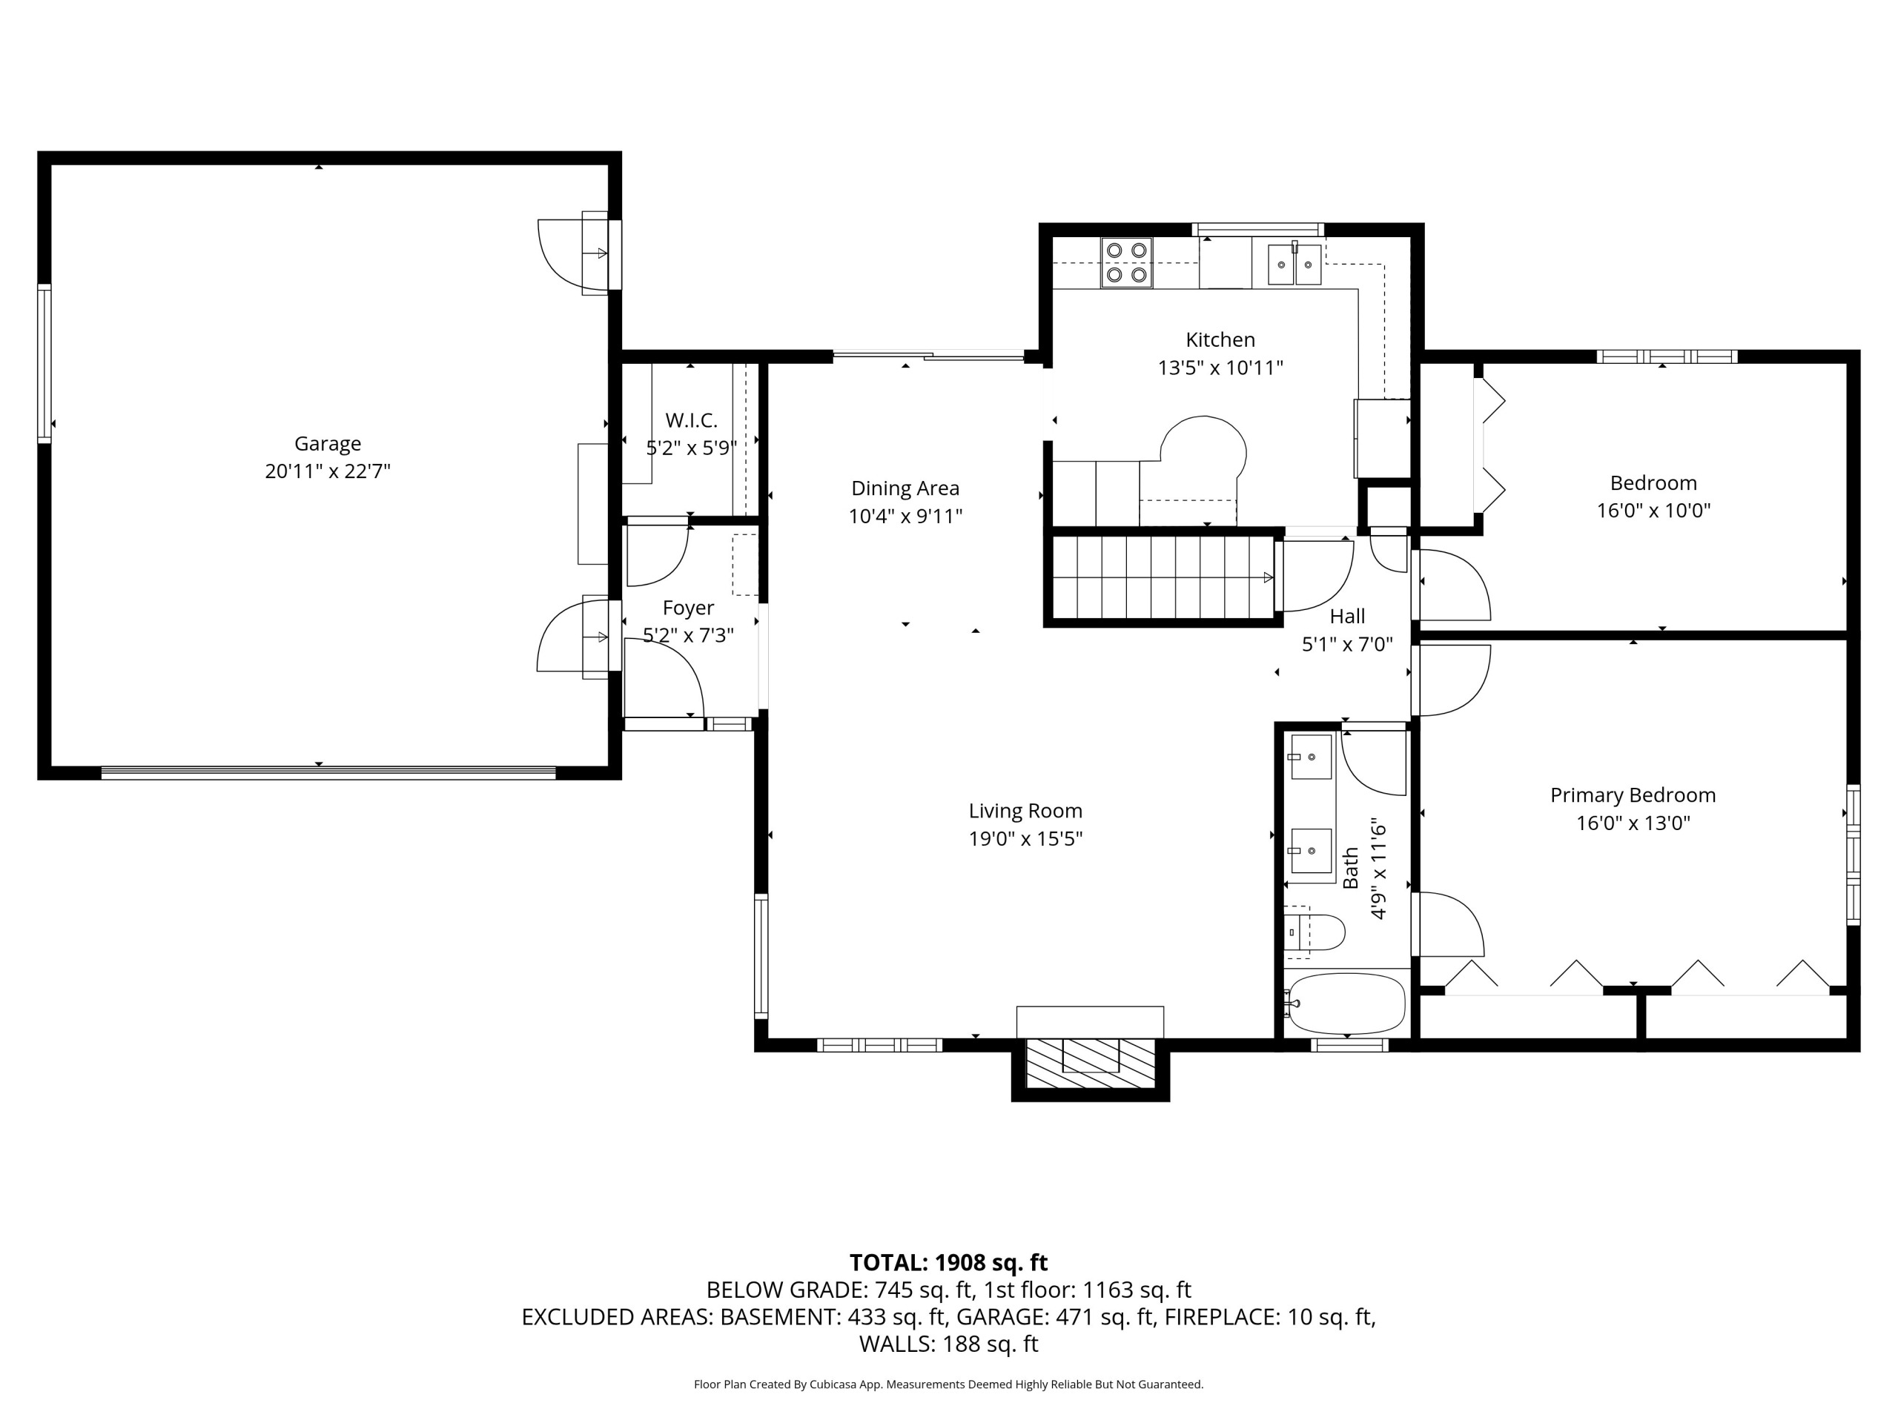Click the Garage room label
[328, 443]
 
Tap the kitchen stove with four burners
[1127, 262]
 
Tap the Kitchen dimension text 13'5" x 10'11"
[1220, 368]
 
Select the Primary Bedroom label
[1633, 795]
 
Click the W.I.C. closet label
[692, 420]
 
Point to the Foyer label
[688, 608]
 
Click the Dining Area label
[905, 488]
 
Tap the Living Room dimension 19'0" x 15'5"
[1025, 839]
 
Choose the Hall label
[1347, 616]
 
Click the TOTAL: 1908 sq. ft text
[948, 1263]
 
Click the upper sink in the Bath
[1311, 757]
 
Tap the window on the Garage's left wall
[44, 364]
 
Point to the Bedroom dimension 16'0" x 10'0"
[1653, 511]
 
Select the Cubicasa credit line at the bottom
[948, 1384]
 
